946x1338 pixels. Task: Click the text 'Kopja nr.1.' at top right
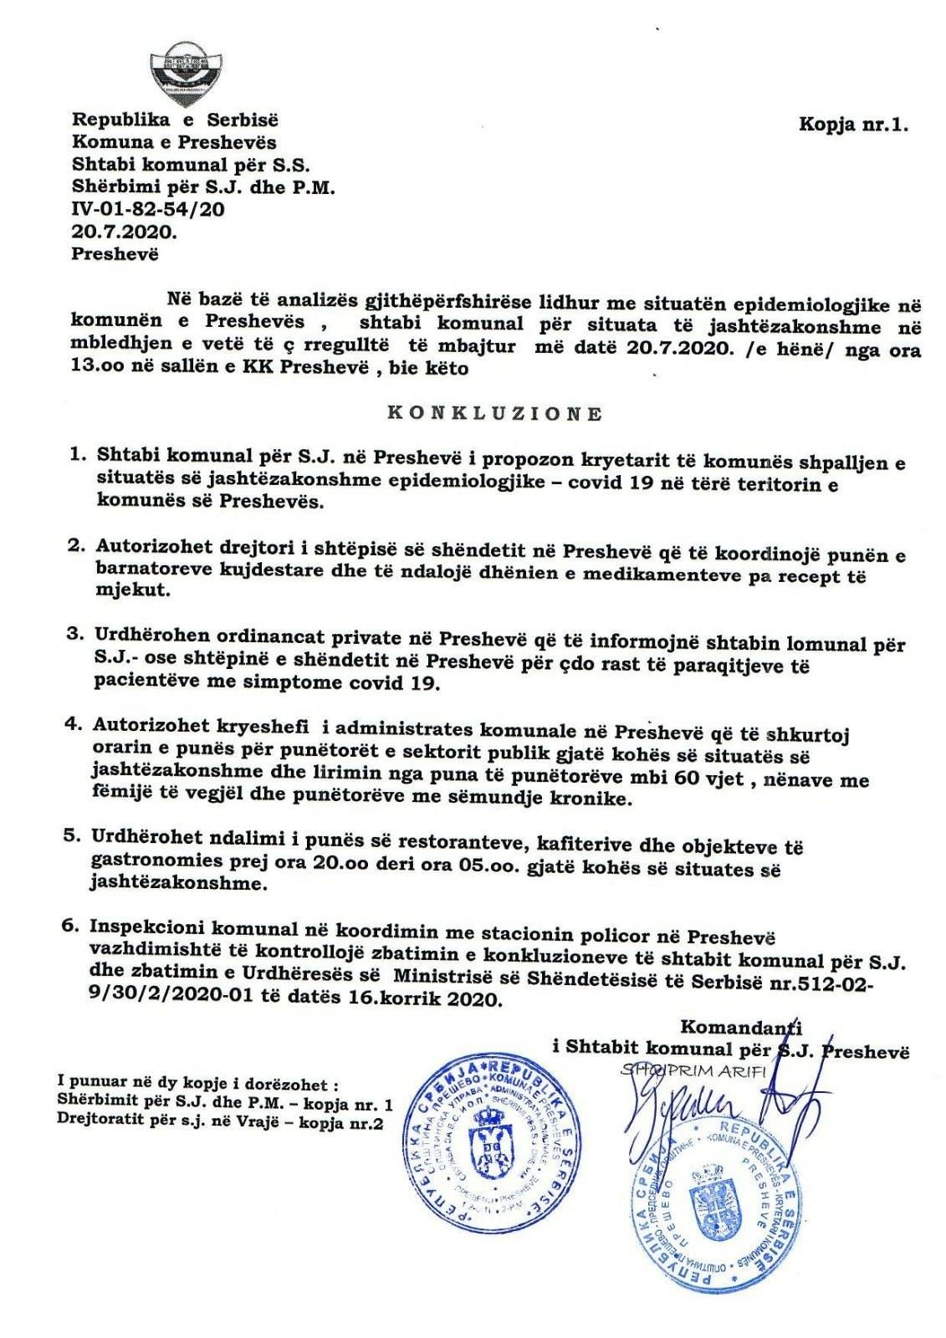tap(852, 125)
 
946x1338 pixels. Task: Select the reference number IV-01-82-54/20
tap(149, 209)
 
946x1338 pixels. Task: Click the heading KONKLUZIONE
tap(494, 413)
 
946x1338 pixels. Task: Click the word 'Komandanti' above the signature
tap(741, 1026)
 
